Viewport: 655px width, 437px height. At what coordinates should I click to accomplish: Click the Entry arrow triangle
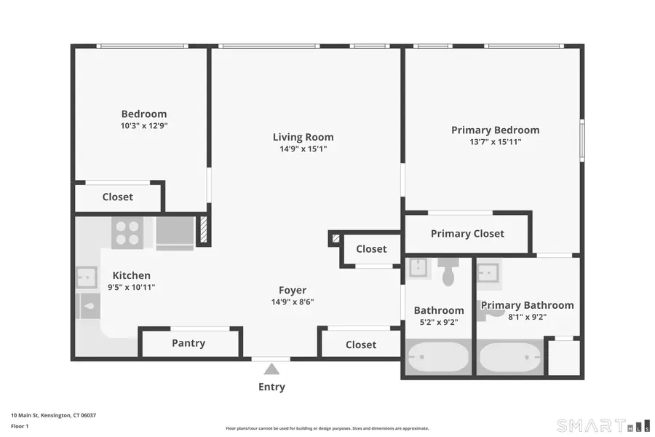point(271,369)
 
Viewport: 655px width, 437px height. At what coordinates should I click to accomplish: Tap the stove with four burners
point(127,232)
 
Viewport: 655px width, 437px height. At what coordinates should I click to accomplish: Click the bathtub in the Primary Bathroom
point(509,358)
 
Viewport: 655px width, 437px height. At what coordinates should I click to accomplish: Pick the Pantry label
point(188,343)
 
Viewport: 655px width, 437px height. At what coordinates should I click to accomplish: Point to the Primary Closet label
point(467,234)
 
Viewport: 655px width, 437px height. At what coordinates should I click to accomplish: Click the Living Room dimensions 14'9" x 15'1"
point(303,149)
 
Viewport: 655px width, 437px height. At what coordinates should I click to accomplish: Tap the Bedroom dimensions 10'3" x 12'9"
point(143,125)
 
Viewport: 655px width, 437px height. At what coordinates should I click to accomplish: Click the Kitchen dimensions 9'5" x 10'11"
point(132,287)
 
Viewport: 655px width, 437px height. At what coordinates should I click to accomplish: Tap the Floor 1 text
point(20,426)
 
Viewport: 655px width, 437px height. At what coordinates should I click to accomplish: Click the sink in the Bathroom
point(418,268)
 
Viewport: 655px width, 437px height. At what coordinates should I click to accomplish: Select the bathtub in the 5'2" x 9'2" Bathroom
point(437,358)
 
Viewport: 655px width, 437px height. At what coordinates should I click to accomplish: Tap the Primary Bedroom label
point(495,130)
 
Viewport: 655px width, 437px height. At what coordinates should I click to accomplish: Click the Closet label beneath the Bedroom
point(117,197)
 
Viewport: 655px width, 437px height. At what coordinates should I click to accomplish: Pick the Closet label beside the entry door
point(361,345)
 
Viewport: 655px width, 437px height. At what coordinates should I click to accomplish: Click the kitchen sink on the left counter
point(87,277)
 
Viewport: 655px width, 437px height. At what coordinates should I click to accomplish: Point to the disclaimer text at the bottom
point(327,428)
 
